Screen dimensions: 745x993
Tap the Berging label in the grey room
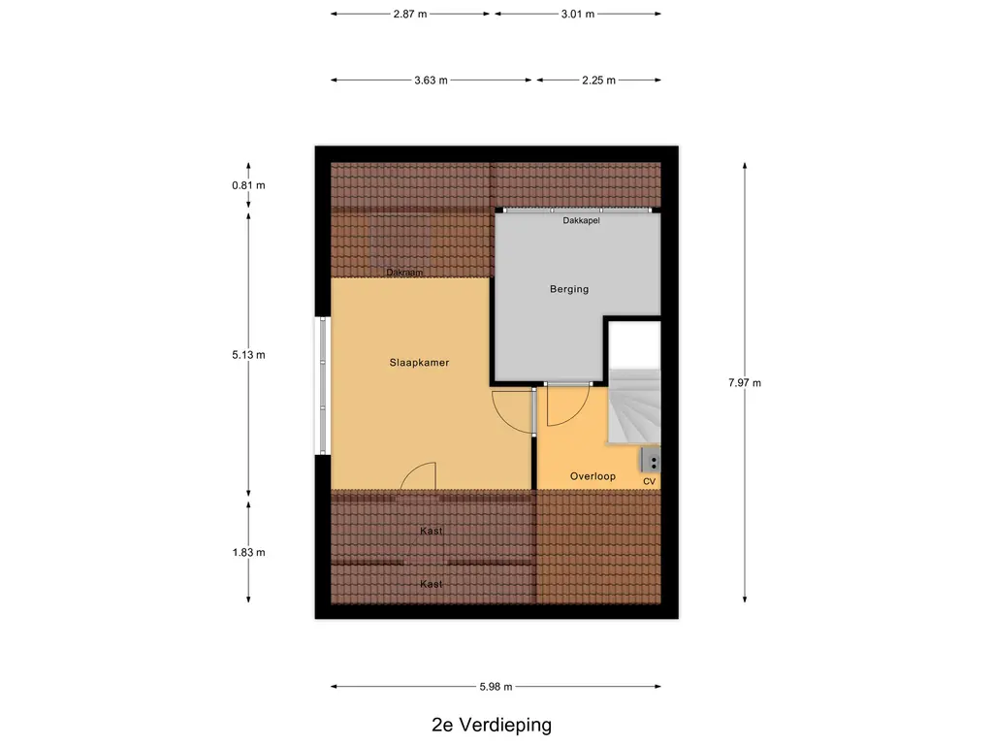pyautogui.click(x=569, y=289)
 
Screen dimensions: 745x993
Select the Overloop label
pyautogui.click(x=593, y=476)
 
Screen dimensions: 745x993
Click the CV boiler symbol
pyautogui.click(x=650, y=461)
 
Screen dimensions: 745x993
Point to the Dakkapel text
pyautogui.click(x=581, y=221)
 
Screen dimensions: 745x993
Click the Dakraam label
pyautogui.click(x=405, y=273)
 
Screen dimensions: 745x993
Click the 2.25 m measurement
pyautogui.click(x=597, y=81)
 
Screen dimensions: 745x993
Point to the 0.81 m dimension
pyautogui.click(x=248, y=185)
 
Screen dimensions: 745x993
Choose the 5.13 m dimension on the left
pyautogui.click(x=248, y=355)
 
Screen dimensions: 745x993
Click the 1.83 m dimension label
pyautogui.click(x=248, y=552)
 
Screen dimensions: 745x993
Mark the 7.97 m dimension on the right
pyautogui.click(x=745, y=382)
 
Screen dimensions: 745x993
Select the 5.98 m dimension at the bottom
pyautogui.click(x=495, y=687)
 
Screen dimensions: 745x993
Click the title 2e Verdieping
pyautogui.click(x=492, y=725)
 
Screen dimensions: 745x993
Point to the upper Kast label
pyautogui.click(x=432, y=532)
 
